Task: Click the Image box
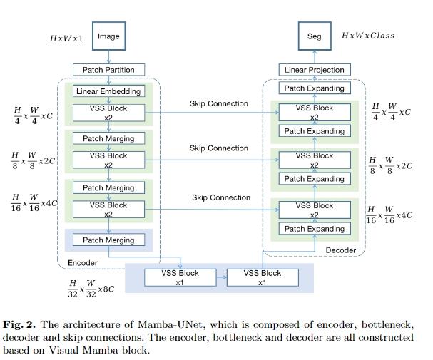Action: click(x=108, y=36)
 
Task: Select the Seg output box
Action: click(x=314, y=36)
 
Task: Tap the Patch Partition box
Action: click(x=108, y=70)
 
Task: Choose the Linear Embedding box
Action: click(x=108, y=91)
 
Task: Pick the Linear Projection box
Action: click(x=314, y=70)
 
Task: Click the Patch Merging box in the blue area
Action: click(x=108, y=240)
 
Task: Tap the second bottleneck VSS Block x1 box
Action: click(x=262, y=277)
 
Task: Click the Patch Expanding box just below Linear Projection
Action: click(x=314, y=88)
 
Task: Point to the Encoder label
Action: click(x=82, y=262)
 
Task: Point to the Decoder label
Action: click(x=340, y=250)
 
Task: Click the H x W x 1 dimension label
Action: click(x=66, y=38)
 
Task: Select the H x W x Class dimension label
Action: click(x=367, y=36)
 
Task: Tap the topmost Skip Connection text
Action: click(x=219, y=103)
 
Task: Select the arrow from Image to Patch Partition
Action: click(x=108, y=56)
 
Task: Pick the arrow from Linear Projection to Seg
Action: click(x=314, y=56)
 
